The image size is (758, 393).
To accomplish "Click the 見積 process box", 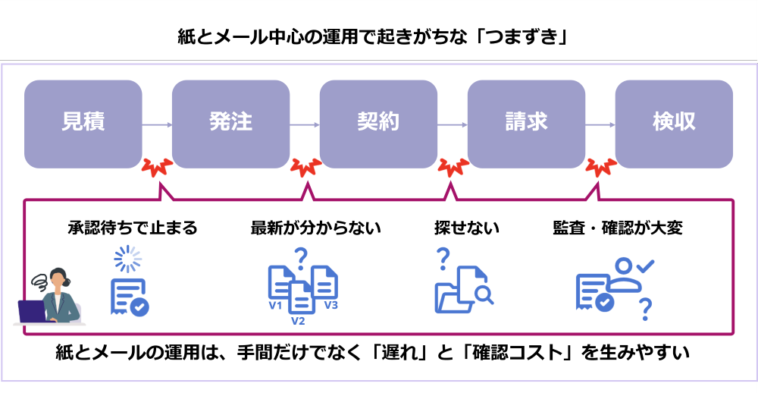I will (x=83, y=124).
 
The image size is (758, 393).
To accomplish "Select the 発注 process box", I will (x=230, y=124).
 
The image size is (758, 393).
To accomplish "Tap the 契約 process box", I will (x=378, y=124).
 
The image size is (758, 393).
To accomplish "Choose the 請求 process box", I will (x=526, y=124).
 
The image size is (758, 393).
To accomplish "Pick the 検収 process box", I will (x=674, y=124).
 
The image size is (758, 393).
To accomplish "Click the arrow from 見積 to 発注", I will (x=157, y=124).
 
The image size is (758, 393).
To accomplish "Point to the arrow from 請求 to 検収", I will (x=600, y=124).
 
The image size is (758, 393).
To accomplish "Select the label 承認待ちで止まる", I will (x=132, y=228).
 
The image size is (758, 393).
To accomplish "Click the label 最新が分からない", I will (x=315, y=228).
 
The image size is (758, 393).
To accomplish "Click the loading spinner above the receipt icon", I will (x=127, y=260).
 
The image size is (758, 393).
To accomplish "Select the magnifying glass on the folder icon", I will (x=483, y=293).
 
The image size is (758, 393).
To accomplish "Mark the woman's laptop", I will (x=33, y=312).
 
